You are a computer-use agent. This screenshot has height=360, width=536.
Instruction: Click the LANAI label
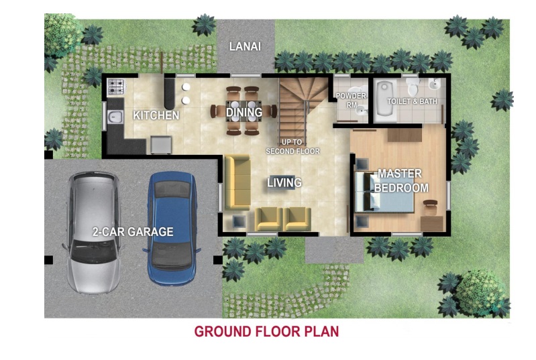[x=245, y=46]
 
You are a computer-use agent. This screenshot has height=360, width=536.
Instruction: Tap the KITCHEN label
[x=156, y=115]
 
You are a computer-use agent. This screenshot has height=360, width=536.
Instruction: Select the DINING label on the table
[x=244, y=112]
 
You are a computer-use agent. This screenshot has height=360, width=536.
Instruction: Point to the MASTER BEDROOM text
[x=401, y=181]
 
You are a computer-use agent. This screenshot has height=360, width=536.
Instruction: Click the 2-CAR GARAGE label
[x=133, y=232]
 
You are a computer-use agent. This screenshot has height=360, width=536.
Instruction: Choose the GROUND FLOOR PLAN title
[x=266, y=331]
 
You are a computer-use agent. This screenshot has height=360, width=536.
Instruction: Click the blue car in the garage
[x=172, y=228]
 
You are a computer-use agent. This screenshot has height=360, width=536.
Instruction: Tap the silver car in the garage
[x=93, y=232]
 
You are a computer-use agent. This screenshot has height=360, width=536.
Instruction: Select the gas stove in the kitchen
[x=117, y=86]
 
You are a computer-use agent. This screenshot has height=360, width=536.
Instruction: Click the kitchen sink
[x=115, y=117]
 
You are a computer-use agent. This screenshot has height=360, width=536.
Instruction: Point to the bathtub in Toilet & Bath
[x=385, y=101]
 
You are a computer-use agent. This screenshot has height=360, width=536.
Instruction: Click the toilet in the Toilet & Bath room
[x=413, y=86]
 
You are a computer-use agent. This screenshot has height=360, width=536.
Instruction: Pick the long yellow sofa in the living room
[x=237, y=182]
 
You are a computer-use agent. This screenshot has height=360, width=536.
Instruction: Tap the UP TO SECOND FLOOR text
[x=292, y=147]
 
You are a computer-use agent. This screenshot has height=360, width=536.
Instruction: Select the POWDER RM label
[x=351, y=101]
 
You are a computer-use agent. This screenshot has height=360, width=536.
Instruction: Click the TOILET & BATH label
[x=412, y=101]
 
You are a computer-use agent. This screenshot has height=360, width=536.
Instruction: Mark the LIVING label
[x=284, y=182]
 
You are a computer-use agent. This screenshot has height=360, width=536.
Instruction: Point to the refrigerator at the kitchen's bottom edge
[x=160, y=145]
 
